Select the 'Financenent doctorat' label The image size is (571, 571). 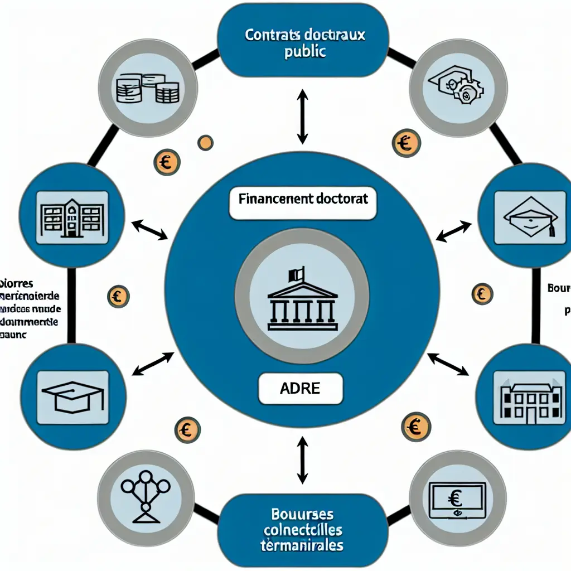pos(303,199)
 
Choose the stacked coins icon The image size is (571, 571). pos(148,89)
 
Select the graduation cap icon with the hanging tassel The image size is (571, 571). pos(530,217)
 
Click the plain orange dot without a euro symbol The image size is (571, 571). pos(205,143)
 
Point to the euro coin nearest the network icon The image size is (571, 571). pos(187,429)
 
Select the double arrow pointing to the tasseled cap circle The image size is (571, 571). pos(453,231)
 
